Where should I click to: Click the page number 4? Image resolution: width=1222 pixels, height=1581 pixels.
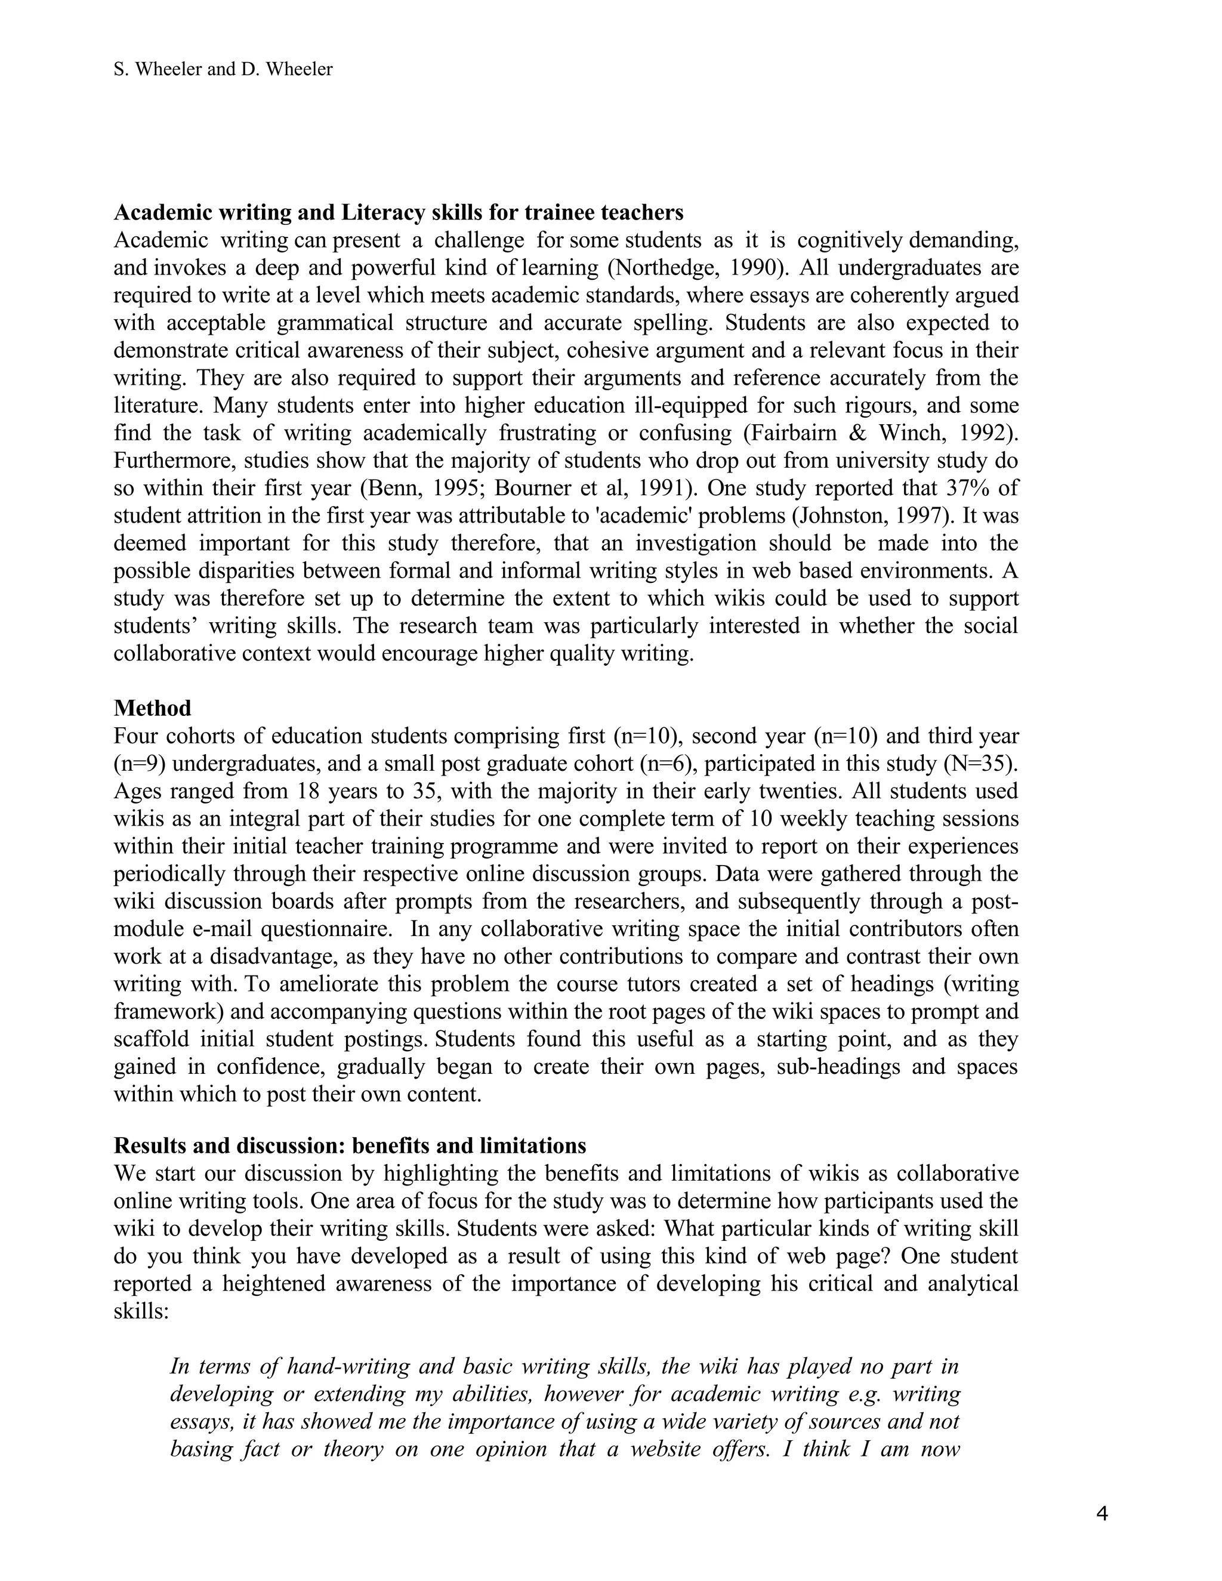(1102, 1514)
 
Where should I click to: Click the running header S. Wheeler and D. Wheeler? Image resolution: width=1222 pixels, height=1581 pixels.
(223, 69)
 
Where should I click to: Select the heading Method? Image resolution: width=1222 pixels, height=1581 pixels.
(152, 708)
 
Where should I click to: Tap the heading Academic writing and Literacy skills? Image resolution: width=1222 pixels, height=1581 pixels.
(398, 212)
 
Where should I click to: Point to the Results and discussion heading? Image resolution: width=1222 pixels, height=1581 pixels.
(350, 1146)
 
